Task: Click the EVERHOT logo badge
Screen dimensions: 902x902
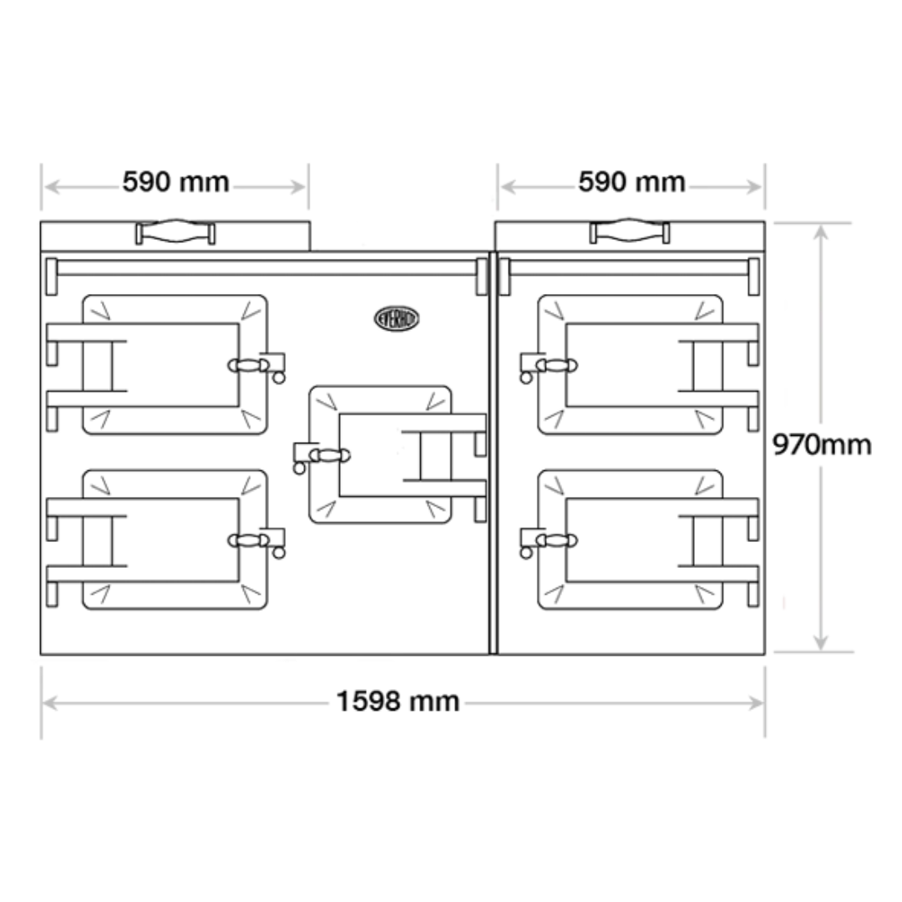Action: click(x=396, y=318)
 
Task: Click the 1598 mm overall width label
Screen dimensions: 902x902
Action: click(x=398, y=701)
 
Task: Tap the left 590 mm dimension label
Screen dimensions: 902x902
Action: click(x=175, y=182)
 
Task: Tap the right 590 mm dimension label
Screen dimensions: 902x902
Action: click(x=631, y=182)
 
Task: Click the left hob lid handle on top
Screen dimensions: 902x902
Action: click(x=175, y=232)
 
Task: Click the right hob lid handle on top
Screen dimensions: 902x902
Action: click(x=630, y=232)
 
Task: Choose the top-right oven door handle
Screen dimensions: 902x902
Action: click(x=556, y=365)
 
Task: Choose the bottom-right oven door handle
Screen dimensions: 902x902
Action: click(x=556, y=540)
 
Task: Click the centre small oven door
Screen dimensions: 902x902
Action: click(x=380, y=455)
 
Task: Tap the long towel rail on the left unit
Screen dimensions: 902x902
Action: click(x=264, y=267)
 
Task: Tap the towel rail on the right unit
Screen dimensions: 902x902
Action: click(x=630, y=267)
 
